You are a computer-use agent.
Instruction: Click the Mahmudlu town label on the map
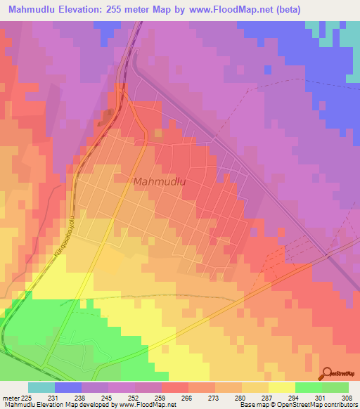[x=159, y=181]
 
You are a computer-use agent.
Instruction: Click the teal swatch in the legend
[x=41, y=387]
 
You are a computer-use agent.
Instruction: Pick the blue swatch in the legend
[x=68, y=387]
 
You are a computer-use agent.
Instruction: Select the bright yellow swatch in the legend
[x=281, y=387]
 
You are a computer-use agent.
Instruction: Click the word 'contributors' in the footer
[x=341, y=405]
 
